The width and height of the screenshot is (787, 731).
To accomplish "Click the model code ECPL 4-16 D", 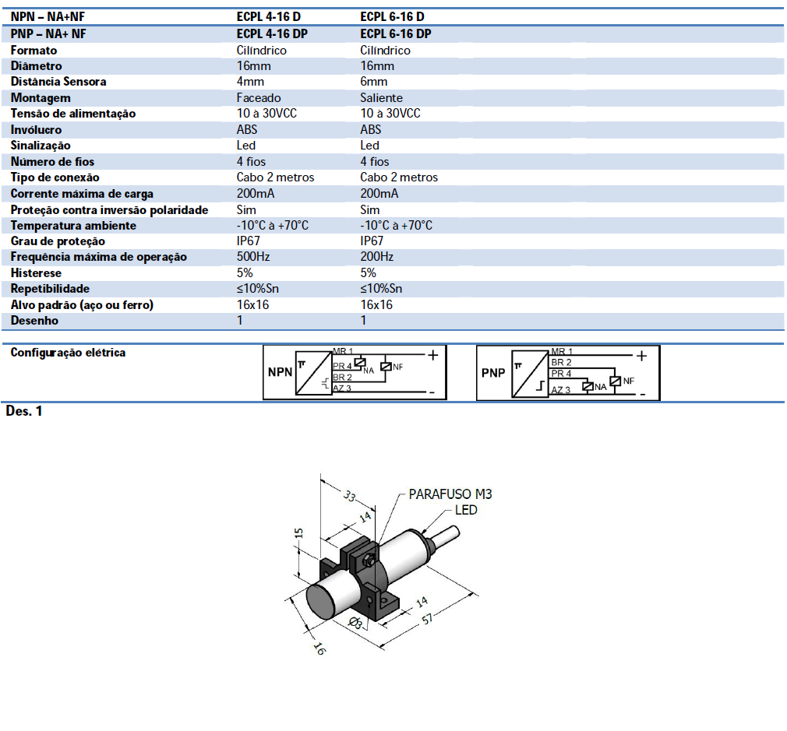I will point(269,16).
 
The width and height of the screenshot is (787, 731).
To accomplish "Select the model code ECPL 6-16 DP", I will point(396,33).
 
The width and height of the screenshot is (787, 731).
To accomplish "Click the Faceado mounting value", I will point(259,98).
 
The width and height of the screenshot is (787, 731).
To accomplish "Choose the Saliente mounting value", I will point(382,98).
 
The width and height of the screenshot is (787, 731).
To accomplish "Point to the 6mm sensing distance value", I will point(374,82).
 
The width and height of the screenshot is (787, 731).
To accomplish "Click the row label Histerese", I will point(36,273).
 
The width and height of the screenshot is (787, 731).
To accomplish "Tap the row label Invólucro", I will point(36,130).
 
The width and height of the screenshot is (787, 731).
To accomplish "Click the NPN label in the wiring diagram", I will point(280,372).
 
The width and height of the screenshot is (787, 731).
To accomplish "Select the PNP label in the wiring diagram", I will point(493,373).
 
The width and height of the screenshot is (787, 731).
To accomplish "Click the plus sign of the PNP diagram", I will point(641,356).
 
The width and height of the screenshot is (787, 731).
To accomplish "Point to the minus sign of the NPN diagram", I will point(431,392).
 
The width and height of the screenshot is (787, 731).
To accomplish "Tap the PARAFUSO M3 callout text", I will point(450,494).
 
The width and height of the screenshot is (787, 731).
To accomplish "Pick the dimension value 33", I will point(350,496).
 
